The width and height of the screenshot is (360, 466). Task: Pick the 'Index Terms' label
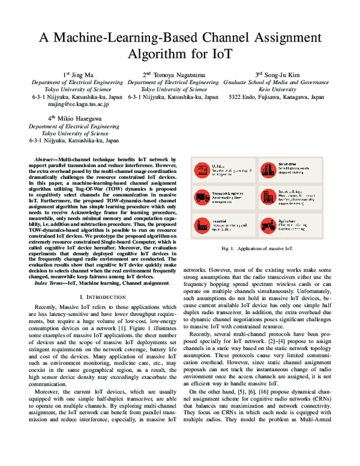(52, 282)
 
